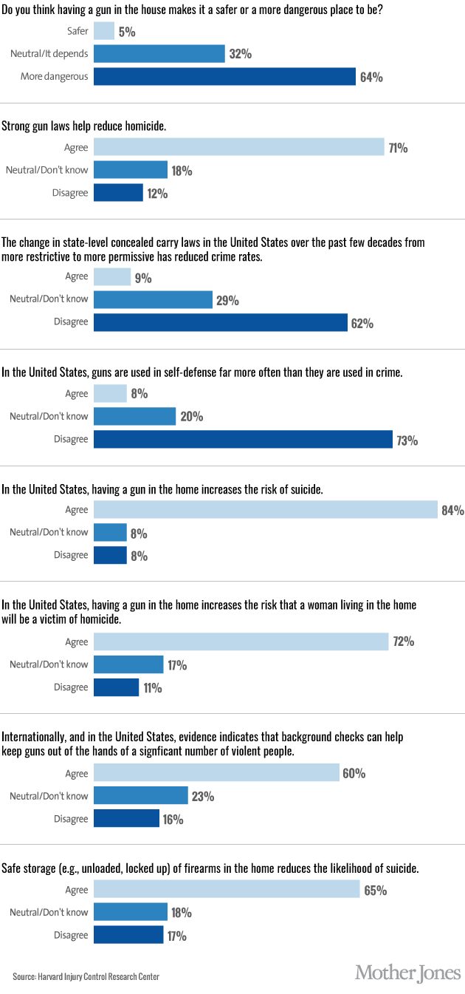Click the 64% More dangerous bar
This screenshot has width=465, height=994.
point(225,77)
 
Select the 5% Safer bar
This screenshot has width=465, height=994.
point(104,31)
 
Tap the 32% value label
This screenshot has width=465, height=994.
point(240,54)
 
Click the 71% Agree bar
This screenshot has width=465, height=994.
point(238,148)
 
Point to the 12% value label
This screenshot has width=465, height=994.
point(157,194)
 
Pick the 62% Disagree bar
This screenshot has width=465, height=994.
point(220,323)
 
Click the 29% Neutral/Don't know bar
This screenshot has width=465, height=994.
point(154,300)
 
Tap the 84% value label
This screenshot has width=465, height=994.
point(452,510)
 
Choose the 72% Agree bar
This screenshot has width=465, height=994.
point(241,641)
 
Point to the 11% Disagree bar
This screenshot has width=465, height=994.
point(116,687)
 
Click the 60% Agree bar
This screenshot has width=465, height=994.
point(216,774)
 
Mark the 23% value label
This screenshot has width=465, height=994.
point(203,797)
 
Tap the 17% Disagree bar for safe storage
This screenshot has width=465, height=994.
point(128,936)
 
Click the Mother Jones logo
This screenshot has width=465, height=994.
point(408,972)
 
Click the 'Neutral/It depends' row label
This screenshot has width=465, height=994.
point(49,54)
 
